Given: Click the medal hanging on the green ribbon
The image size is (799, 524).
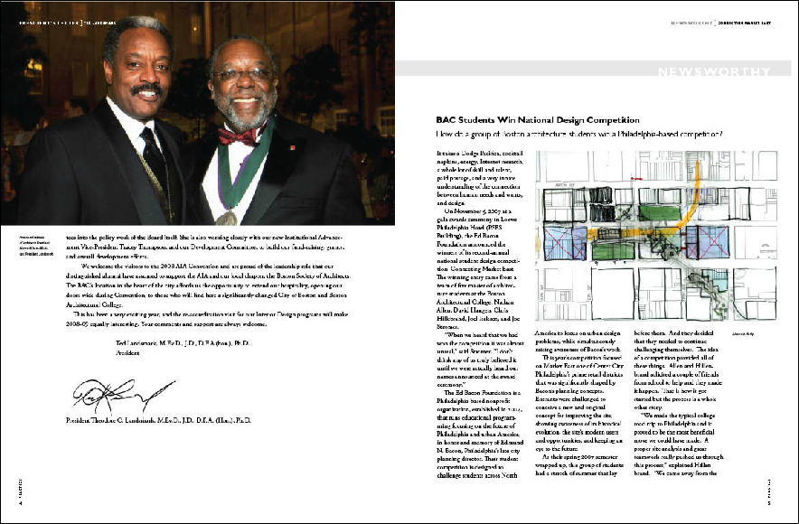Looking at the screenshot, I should [228, 218].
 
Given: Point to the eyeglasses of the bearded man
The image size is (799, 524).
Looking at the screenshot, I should [243, 74].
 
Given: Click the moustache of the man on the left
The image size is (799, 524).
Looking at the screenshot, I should [146, 90].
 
